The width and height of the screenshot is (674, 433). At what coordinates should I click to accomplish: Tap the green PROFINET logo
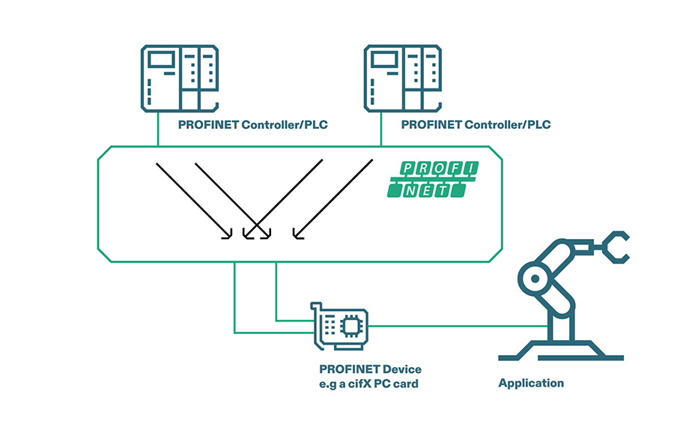click(434, 179)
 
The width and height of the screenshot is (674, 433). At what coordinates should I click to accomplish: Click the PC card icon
click(341, 327)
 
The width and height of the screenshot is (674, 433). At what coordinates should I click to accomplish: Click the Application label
click(531, 383)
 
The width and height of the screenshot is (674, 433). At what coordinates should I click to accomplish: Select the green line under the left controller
click(159, 132)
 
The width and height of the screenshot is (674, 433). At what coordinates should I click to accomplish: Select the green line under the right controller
click(381, 132)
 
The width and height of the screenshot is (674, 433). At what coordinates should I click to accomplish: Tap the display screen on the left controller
click(160, 60)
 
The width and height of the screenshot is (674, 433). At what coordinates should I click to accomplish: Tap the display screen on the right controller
click(382, 60)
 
